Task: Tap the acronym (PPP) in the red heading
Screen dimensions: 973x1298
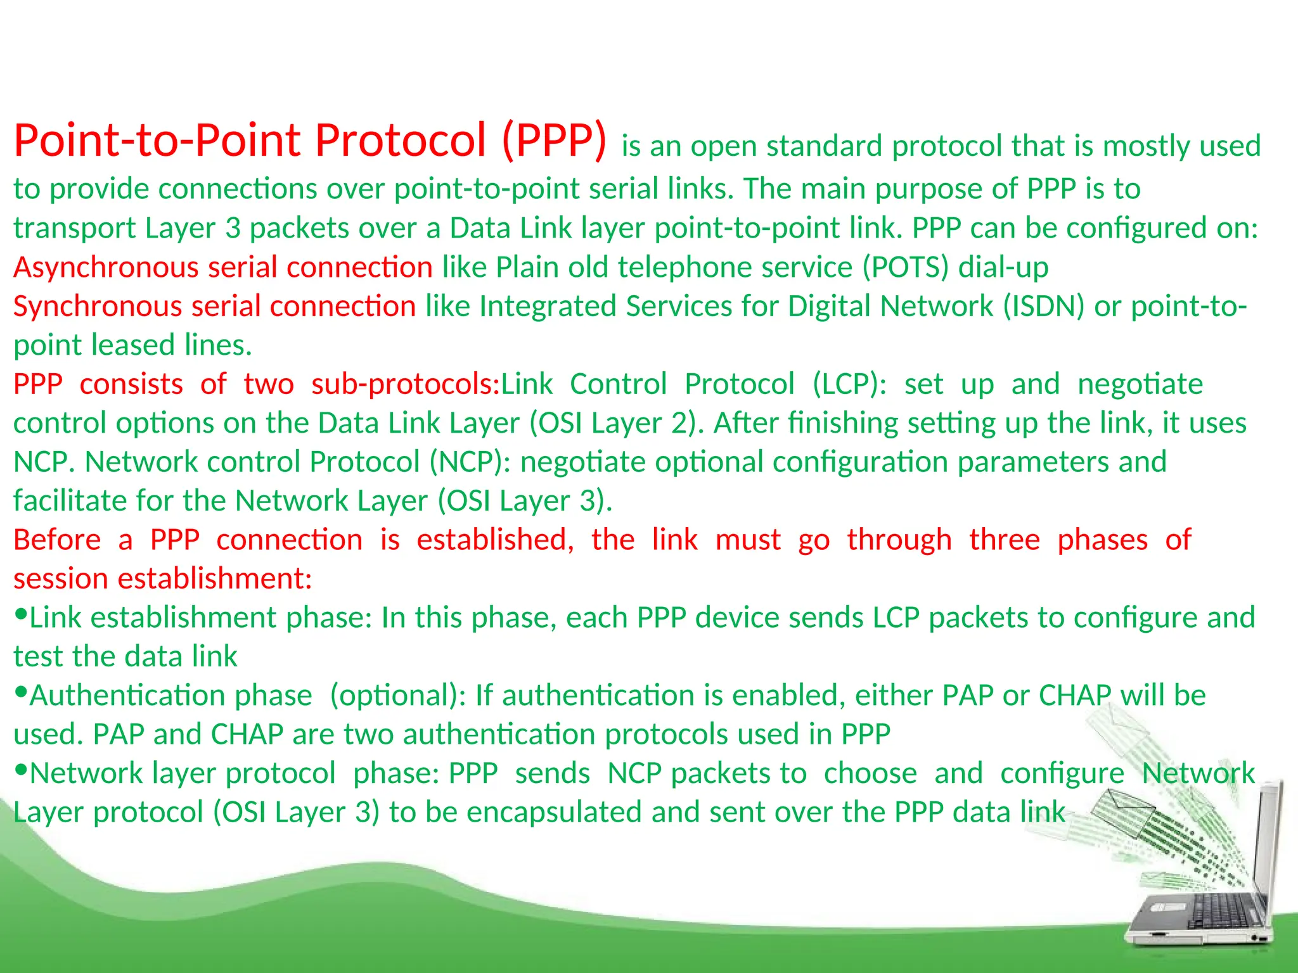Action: tap(554, 141)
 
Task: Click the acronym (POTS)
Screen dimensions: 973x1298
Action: tap(906, 267)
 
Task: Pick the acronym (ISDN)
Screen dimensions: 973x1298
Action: tap(1044, 307)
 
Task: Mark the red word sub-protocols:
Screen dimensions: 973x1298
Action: tap(406, 385)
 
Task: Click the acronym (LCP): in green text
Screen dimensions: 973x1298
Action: tap(850, 385)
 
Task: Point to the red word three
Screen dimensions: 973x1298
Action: tap(1005, 540)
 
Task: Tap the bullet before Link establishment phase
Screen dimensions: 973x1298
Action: tap(21, 614)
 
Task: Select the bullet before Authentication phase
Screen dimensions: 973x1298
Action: tap(21, 692)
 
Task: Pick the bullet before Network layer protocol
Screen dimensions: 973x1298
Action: tap(21, 770)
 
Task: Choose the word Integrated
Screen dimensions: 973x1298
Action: tap(548, 307)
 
